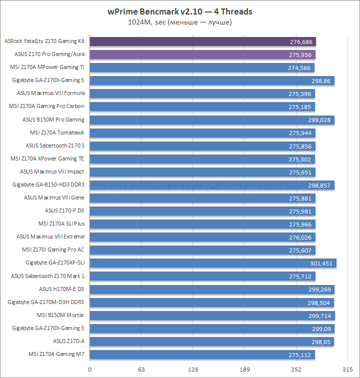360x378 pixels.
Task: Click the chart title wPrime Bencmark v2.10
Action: (x=180, y=11)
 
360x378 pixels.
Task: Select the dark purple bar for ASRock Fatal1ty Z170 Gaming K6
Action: (x=202, y=41)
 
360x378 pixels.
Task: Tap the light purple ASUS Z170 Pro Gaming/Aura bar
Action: (x=202, y=54)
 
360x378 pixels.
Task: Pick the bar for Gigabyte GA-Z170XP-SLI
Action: (x=213, y=262)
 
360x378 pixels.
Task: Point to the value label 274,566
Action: (x=300, y=67)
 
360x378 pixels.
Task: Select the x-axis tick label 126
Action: (x=193, y=369)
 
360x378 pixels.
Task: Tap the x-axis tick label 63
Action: (x=141, y=369)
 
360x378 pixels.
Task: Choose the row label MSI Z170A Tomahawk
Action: (x=57, y=132)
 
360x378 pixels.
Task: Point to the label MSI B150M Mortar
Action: (x=60, y=314)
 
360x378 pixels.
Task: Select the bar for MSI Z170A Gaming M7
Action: (x=202, y=353)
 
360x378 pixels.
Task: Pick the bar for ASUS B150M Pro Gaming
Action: (x=212, y=119)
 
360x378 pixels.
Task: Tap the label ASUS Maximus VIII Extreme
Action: (x=50, y=236)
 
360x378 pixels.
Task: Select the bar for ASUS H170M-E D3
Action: (x=212, y=288)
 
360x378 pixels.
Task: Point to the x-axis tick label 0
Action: (x=90, y=369)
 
